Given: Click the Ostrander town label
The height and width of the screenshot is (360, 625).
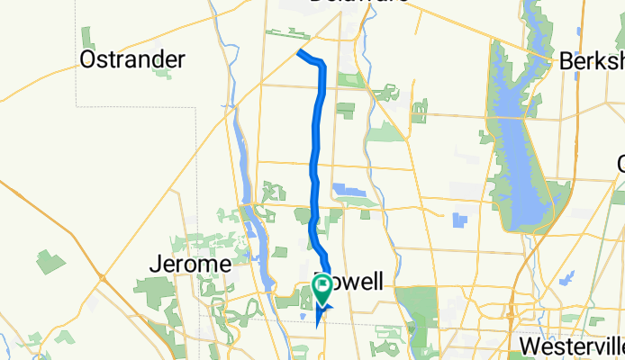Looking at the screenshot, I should pyautogui.click(x=132, y=60).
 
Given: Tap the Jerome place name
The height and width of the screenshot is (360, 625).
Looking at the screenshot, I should pyautogui.click(x=190, y=265).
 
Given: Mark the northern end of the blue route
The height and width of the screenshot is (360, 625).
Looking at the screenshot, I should pyautogui.click(x=299, y=53).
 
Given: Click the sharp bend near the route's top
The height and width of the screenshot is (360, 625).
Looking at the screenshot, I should pyautogui.click(x=321, y=63).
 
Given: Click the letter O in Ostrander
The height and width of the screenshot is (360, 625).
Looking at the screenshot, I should pyautogui.click(x=88, y=60).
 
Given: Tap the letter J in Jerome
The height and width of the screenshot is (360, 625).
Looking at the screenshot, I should pyautogui.click(x=154, y=265).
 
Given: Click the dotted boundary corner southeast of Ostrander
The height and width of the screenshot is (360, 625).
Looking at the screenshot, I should pyautogui.click(x=195, y=107).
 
